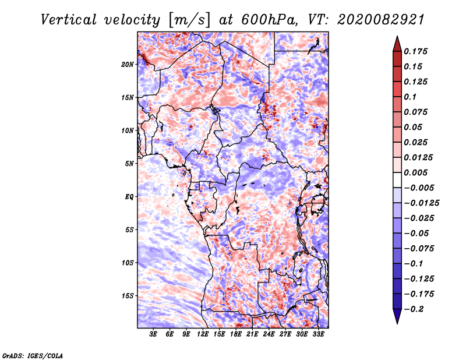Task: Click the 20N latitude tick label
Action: click(x=128, y=64)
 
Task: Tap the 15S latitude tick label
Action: click(x=128, y=295)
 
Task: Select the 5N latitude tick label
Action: click(x=129, y=164)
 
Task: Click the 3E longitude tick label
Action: click(x=153, y=334)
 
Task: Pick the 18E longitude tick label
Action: click(x=236, y=334)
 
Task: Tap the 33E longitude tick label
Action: click(x=318, y=334)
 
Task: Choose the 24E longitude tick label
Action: click(x=269, y=334)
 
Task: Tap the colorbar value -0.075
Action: click(x=419, y=248)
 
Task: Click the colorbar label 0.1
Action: click(x=411, y=97)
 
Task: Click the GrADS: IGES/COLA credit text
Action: click(x=33, y=355)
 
